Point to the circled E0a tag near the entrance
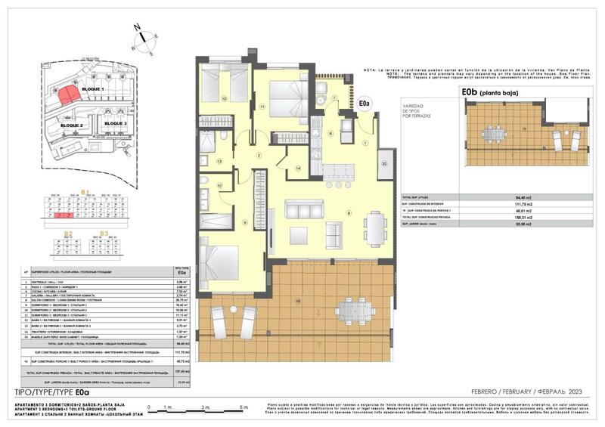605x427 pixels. point(365,103)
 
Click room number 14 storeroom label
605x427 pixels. point(298,167)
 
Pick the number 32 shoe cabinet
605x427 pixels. point(384,162)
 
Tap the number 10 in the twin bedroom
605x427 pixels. point(224,98)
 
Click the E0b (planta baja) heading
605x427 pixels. point(500,93)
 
